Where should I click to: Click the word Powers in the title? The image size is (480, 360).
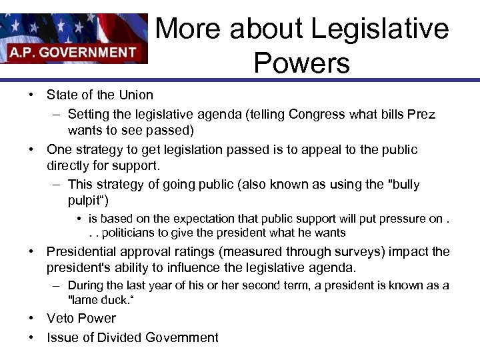[x=302, y=63]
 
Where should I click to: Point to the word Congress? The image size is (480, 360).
[x=314, y=114]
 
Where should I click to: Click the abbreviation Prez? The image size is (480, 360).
[x=421, y=114]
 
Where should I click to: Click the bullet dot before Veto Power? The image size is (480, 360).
[x=31, y=319]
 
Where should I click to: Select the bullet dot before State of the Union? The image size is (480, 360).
[x=31, y=95]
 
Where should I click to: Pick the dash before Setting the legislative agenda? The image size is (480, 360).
[x=57, y=114]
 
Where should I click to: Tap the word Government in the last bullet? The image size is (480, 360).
[x=185, y=337]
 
